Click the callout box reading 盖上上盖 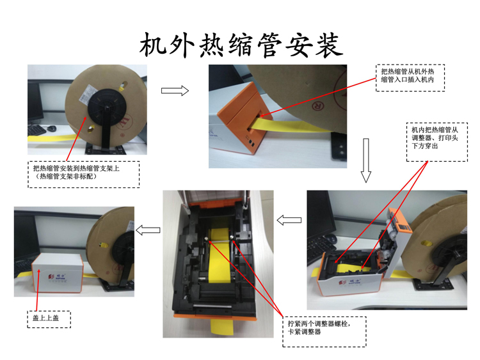[49, 318]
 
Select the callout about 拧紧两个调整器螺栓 [326, 328]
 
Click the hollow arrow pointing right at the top [175, 91]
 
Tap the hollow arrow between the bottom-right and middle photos [289, 221]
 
